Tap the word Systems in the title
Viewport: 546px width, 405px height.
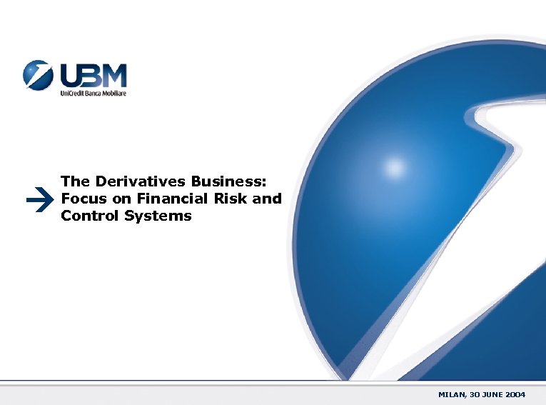click(x=158, y=215)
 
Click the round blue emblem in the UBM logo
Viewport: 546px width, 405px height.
click(x=37, y=75)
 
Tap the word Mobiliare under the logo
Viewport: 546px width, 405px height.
click(x=113, y=94)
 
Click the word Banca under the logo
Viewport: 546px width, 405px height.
click(x=93, y=94)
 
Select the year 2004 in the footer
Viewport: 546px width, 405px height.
click(x=514, y=394)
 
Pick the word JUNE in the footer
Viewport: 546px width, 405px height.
click(x=491, y=394)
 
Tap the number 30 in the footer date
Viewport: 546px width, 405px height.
click(x=474, y=394)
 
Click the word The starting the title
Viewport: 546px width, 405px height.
click(x=74, y=182)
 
